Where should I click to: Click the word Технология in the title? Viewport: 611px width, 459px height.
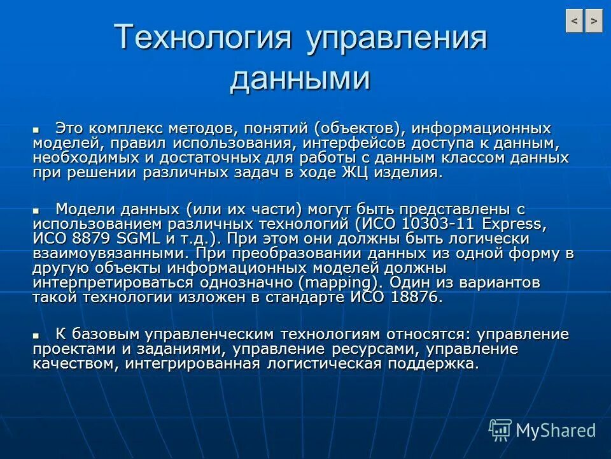coord(204,38)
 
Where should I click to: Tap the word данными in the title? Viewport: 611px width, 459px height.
coord(300,79)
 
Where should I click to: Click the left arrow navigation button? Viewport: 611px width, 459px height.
coord(574,21)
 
